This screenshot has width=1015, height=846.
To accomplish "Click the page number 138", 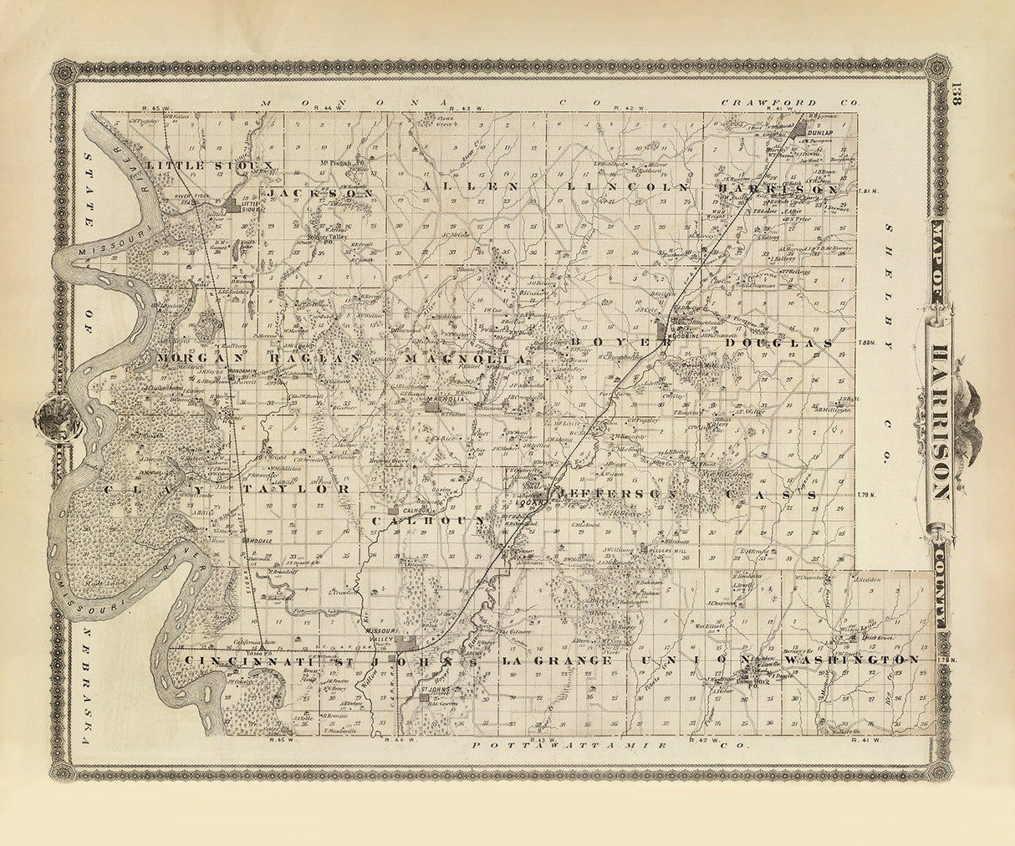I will (x=958, y=94).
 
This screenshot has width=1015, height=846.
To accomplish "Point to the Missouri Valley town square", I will (x=405, y=642).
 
